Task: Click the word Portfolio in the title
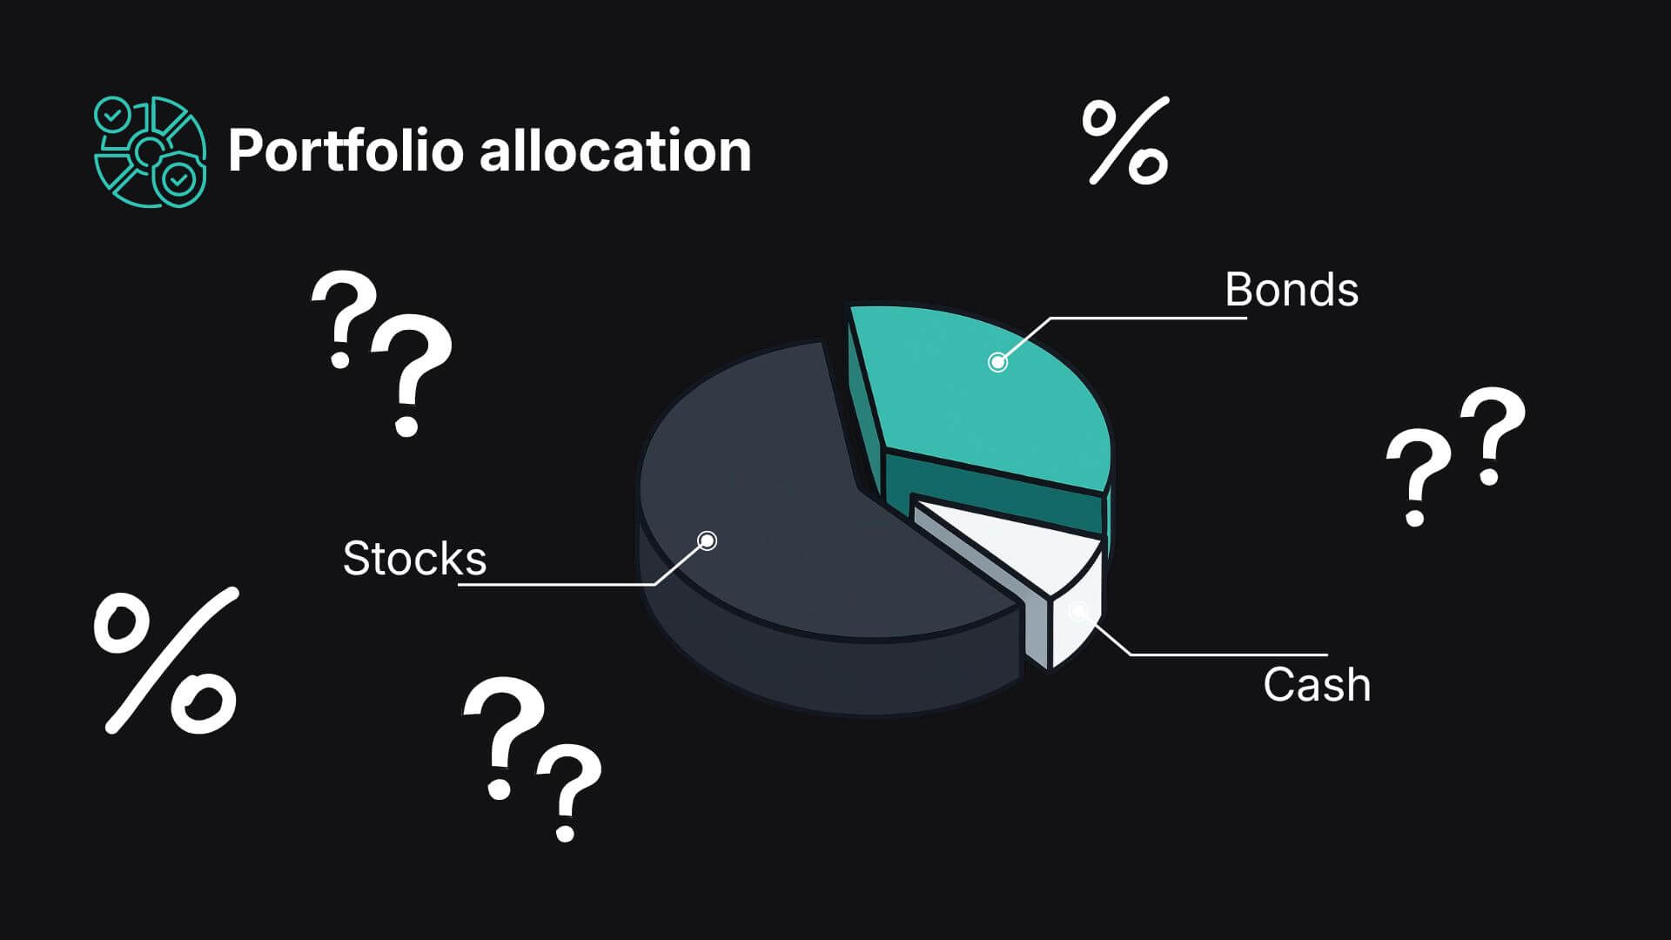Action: [x=345, y=151]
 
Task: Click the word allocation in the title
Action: [x=615, y=150]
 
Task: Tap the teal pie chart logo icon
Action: [x=150, y=151]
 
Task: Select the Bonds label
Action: [x=1292, y=290]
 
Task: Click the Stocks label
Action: [x=414, y=558]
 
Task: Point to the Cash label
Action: [x=1317, y=685]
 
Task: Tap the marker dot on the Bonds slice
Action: [x=997, y=362]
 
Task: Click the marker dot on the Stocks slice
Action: [x=708, y=541]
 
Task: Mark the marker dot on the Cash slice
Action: [x=1078, y=611]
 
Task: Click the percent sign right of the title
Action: [x=1125, y=141]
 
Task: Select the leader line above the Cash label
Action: [x=1210, y=654]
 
